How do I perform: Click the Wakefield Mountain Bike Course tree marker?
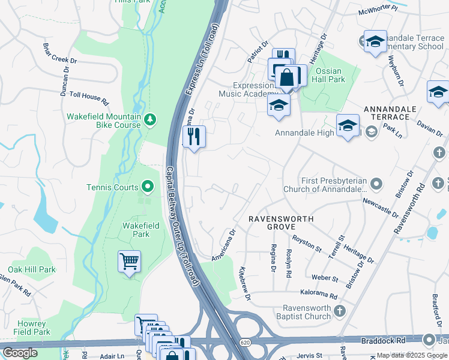[149, 120]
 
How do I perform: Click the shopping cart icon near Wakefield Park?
[129, 261]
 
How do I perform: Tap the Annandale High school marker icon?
[348, 125]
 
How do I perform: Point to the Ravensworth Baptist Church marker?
[340, 311]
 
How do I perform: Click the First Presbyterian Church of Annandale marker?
[376, 182]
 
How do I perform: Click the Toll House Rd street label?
[88, 98]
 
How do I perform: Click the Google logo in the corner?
[19, 353]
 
